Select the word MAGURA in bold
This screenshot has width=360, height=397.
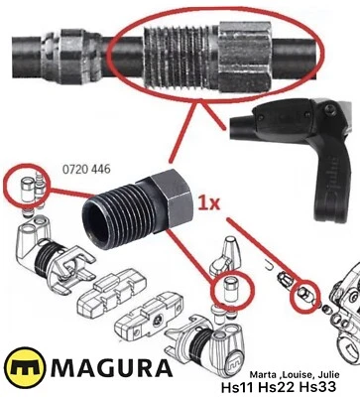click(103, 371)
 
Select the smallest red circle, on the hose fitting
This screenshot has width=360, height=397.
click(300, 295)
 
